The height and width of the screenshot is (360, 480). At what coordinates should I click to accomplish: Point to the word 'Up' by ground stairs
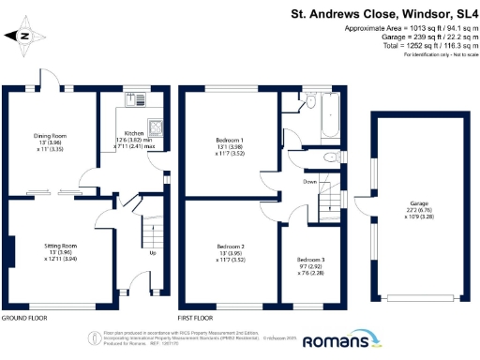tap(153, 253)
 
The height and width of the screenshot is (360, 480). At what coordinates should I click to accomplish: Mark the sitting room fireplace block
tap(8, 252)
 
